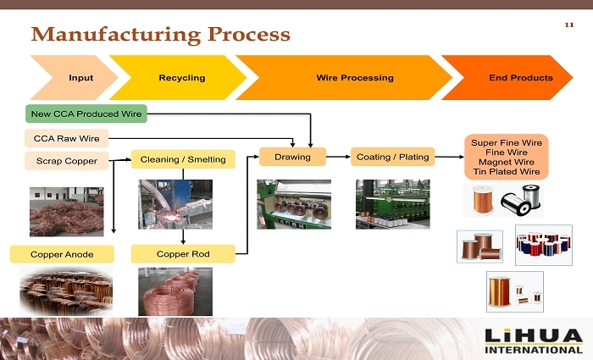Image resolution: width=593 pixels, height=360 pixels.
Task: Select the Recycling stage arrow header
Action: click(180, 78)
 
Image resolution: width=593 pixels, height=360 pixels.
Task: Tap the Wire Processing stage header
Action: click(354, 78)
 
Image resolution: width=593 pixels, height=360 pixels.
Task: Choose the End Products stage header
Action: click(519, 78)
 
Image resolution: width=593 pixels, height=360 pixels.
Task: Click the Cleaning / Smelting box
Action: click(182, 158)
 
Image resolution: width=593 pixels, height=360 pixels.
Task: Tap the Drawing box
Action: click(293, 157)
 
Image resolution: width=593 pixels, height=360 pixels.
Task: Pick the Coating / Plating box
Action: click(392, 157)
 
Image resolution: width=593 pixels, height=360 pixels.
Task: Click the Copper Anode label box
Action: click(61, 253)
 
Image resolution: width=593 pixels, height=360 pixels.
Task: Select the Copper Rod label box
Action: click(182, 253)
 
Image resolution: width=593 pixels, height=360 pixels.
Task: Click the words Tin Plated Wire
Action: click(507, 172)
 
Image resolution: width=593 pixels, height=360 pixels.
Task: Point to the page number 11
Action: click(568, 25)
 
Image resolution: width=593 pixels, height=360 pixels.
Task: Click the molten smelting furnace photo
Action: click(175, 205)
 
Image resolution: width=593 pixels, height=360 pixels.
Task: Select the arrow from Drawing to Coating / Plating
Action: click(339, 157)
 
